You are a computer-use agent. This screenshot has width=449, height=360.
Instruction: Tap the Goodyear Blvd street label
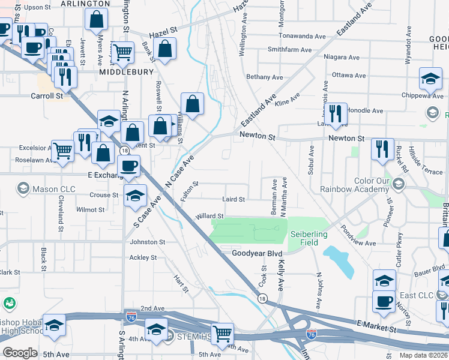(256, 254)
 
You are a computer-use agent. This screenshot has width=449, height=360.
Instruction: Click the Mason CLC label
(55, 189)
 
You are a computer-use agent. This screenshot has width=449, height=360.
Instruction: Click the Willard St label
(209, 216)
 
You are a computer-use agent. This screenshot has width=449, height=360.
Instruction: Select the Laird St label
(234, 199)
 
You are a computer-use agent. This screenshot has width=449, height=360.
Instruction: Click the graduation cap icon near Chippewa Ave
(430, 79)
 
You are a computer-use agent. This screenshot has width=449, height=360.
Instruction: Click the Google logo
(20, 353)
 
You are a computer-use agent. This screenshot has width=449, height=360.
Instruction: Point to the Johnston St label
(147, 242)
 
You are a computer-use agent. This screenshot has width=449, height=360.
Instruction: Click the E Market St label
(377, 329)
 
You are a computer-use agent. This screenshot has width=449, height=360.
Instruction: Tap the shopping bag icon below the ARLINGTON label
(97, 20)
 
